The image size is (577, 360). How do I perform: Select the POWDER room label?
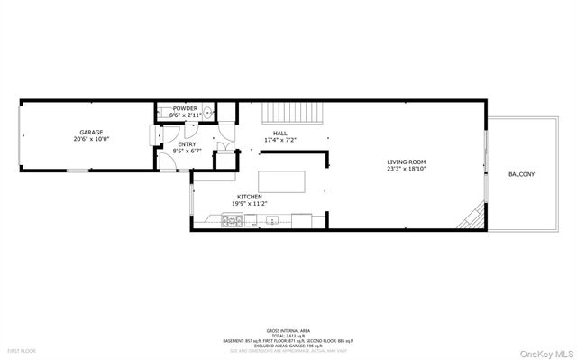point(186,109)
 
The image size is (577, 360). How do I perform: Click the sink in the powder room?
point(206,113)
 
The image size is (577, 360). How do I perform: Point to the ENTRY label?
point(188,144)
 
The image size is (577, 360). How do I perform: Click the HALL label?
point(280,134)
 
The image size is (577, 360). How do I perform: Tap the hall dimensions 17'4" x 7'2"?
point(280,140)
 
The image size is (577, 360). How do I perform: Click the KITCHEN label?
point(250,196)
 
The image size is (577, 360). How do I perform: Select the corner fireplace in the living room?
point(472,218)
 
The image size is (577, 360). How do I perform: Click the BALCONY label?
point(521,173)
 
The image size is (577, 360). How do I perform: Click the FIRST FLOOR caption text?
point(20,349)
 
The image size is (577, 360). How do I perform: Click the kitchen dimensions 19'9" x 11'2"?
point(250,203)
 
